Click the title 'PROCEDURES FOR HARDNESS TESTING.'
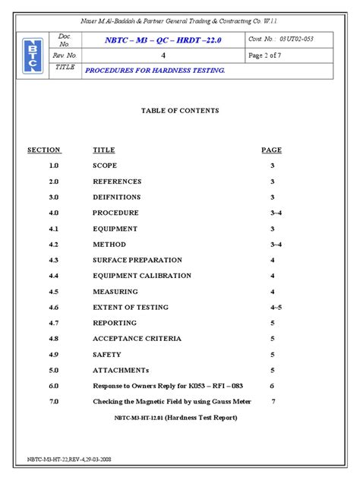[155, 70]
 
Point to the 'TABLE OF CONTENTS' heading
[180, 111]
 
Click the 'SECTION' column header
[44, 150]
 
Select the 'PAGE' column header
[271, 150]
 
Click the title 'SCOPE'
[105, 166]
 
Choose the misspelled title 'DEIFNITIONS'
[117, 197]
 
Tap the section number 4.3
[53, 260]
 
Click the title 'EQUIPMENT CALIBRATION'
[142, 276]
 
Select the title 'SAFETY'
[107, 355]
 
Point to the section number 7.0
[53, 402]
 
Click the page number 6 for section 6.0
[273, 386]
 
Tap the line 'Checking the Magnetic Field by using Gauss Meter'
[174, 402]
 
